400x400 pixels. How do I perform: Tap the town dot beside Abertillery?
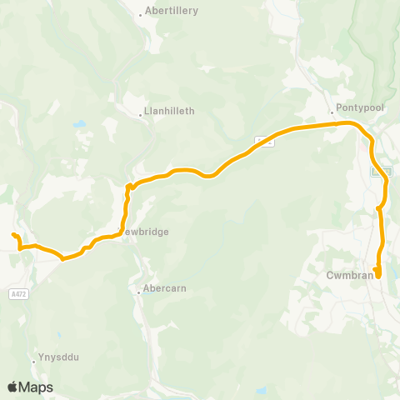[x=141, y=14]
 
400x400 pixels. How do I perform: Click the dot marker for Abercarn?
[x=139, y=291]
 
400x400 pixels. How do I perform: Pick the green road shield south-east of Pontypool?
[x=377, y=170]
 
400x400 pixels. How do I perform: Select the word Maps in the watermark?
[x=36, y=387]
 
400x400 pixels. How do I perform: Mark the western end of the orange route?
[x=13, y=236]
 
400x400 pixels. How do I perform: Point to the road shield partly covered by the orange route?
[x=264, y=142]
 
